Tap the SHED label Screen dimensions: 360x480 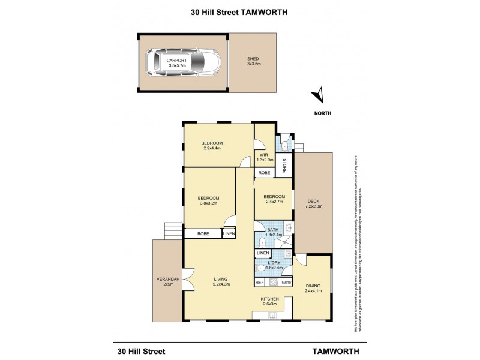[253, 58]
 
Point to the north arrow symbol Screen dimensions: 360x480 [319, 95]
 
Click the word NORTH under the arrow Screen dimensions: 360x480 [322, 113]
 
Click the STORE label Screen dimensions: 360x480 [284, 164]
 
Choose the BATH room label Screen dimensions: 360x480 [272, 230]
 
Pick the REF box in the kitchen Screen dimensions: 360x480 [260, 282]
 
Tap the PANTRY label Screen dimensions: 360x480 [286, 282]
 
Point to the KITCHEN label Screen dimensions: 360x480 [268, 299]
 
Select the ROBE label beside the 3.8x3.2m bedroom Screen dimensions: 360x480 [203, 233]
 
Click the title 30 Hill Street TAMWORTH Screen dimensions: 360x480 [240, 11]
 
